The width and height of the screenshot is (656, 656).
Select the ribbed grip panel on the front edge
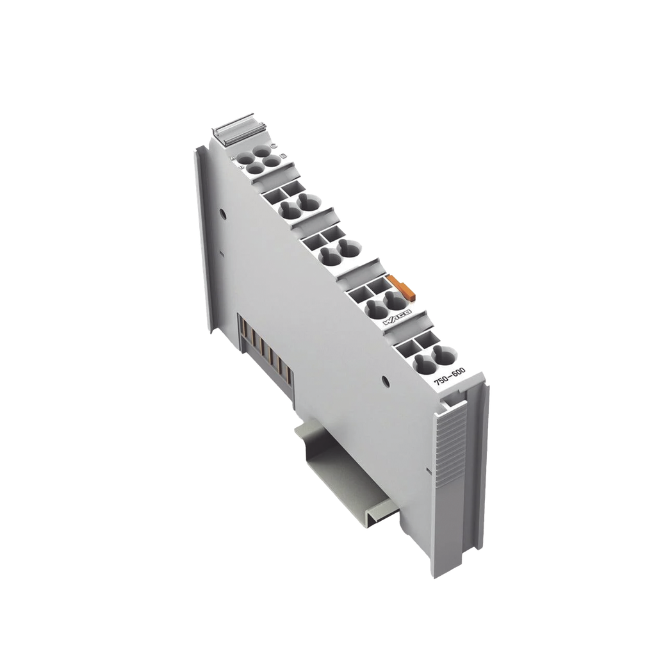pyautogui.click(x=450, y=448)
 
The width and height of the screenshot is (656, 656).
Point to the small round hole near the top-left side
pyautogui.click(x=222, y=211)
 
